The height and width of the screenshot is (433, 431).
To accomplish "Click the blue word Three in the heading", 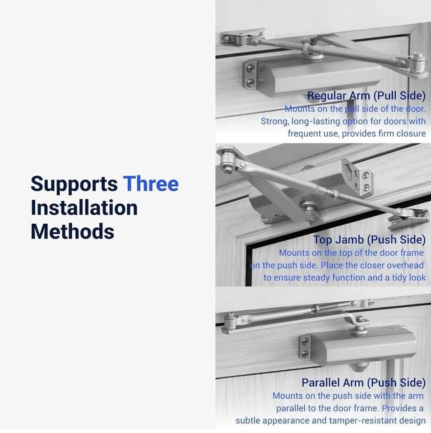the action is [151, 184].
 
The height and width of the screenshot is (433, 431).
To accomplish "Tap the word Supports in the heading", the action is [74, 184].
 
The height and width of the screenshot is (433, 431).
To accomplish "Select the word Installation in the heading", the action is [84, 207].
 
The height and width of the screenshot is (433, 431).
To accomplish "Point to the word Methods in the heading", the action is [72, 231].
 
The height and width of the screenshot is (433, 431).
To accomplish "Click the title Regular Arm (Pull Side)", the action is [366, 96].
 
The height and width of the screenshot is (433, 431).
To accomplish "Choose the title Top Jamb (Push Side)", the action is [369, 240].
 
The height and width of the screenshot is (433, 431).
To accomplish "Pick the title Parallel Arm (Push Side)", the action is [364, 383].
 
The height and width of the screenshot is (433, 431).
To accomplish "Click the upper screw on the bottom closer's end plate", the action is [305, 342].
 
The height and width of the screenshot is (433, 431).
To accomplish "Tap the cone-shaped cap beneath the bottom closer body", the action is [359, 367].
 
